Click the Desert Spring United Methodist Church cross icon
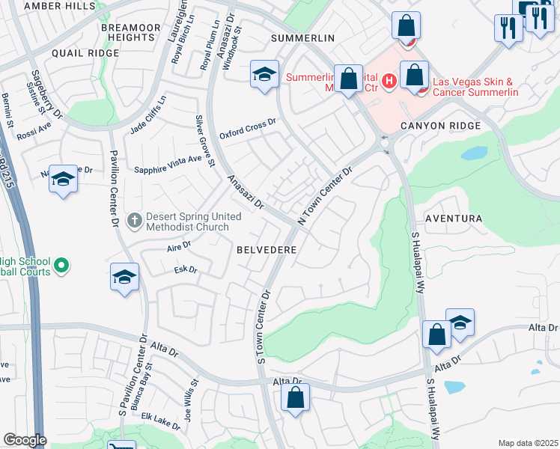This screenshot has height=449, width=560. click(x=135, y=221)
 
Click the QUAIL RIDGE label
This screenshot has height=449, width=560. click(x=85, y=53)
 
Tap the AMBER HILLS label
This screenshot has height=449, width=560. click(x=58, y=5)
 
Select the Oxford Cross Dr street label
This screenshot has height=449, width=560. click(x=248, y=129)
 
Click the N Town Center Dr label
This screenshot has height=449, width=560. click(x=324, y=195)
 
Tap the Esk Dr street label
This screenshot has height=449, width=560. click(x=185, y=269)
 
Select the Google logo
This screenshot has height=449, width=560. click(x=25, y=440)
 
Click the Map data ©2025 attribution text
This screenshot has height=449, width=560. click(x=527, y=443)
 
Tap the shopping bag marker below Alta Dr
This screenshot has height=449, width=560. click(x=296, y=398)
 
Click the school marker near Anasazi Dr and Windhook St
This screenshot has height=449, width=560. click(x=264, y=75)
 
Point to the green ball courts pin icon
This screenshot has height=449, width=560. click(x=63, y=266)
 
